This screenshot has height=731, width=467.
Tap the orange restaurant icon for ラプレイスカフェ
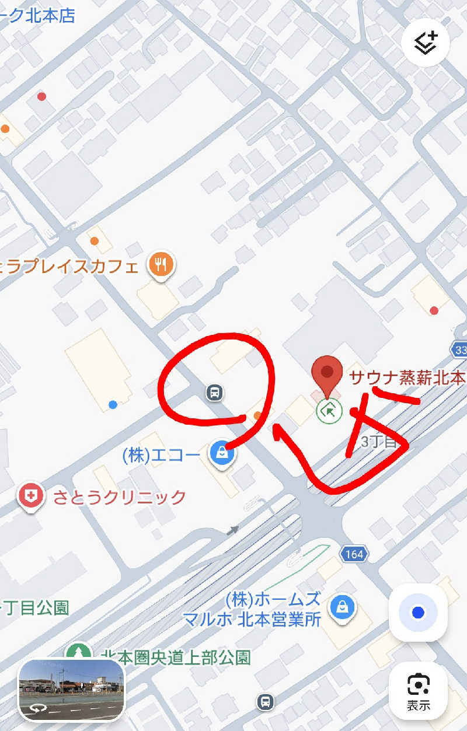(x=162, y=265)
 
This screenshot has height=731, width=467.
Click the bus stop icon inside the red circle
(x=215, y=393)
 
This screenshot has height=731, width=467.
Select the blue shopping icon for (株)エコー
(x=222, y=453)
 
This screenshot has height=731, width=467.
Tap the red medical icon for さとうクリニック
(x=31, y=496)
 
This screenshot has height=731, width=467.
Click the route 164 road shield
(x=354, y=554)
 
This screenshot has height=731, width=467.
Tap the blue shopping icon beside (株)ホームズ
(x=341, y=607)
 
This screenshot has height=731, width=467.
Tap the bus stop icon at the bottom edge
(x=266, y=702)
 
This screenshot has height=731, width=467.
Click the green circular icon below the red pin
(x=329, y=411)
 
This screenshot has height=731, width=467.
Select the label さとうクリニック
(x=119, y=497)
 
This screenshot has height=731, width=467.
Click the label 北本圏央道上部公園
(x=175, y=658)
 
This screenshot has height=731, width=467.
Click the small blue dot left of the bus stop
(x=113, y=404)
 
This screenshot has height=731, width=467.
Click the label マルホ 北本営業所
(x=252, y=619)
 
